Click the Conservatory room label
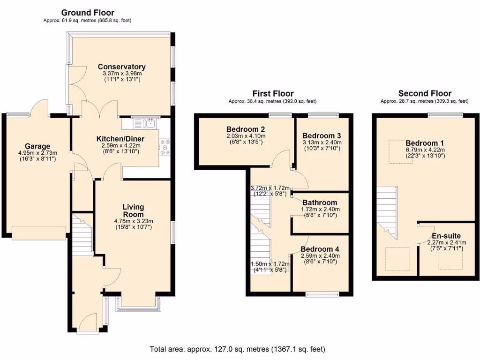(122, 67)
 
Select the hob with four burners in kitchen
(165, 147)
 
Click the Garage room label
(37, 146)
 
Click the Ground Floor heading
(88, 13)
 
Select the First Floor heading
(273, 93)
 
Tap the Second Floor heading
(425, 93)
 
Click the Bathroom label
(320, 202)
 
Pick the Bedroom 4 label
(320, 249)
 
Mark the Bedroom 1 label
(425, 143)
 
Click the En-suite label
(446, 236)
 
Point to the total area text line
(237, 349)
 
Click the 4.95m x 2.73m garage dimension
(37, 153)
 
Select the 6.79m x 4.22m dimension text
(425, 150)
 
